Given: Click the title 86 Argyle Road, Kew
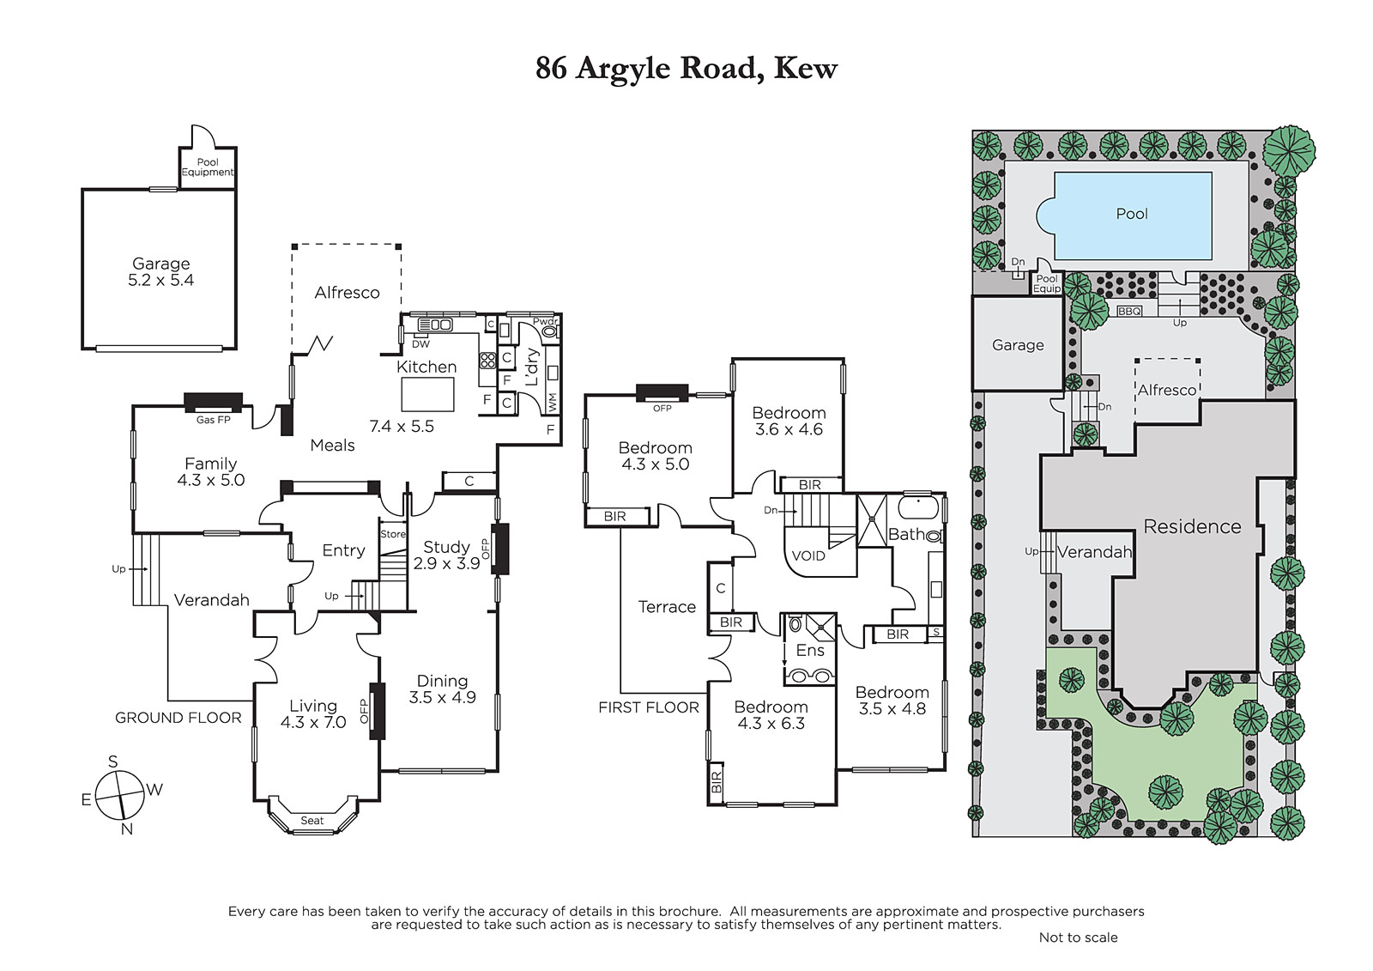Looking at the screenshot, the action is [x=686, y=69].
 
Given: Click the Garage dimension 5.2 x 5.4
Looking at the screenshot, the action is [x=160, y=281].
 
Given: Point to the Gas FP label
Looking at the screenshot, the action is [x=214, y=420].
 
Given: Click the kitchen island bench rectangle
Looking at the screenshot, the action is [x=428, y=394].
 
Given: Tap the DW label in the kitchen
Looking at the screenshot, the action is [x=421, y=345].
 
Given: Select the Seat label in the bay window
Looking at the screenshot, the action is [x=312, y=820].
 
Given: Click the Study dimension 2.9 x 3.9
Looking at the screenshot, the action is [x=446, y=563].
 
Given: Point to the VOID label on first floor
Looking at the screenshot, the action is [x=808, y=555].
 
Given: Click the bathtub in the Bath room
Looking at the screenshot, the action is [x=917, y=509].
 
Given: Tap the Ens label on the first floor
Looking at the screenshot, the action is [x=810, y=650].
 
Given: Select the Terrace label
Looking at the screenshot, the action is [x=667, y=607].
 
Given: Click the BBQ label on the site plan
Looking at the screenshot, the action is [x=1129, y=312].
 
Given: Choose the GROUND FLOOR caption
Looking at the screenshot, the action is [x=178, y=718].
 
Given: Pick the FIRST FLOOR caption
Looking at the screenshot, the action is [x=649, y=707].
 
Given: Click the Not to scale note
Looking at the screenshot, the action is [x=1078, y=938].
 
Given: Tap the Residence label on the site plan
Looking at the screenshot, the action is [x=1192, y=526].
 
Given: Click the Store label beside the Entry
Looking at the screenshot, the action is [x=393, y=534].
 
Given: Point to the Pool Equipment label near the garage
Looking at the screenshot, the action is [x=208, y=167].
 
